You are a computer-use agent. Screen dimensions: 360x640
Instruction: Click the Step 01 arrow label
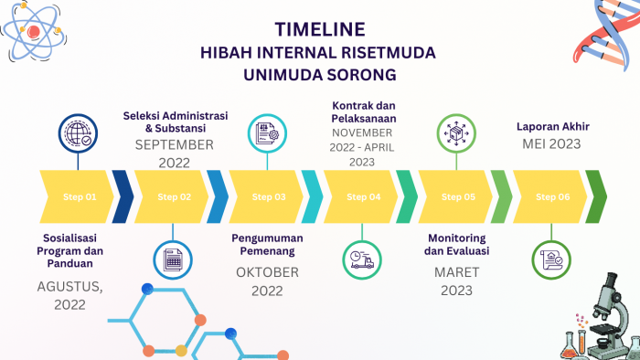[x=79, y=196]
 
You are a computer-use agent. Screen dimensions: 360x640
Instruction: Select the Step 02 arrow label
[x=174, y=196]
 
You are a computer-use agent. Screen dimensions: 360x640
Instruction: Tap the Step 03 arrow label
[x=268, y=196]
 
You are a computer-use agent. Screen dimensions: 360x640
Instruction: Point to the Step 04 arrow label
[x=363, y=196]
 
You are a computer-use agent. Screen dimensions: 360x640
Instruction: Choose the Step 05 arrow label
[x=458, y=196]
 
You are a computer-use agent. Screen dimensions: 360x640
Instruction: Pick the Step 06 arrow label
[x=552, y=196]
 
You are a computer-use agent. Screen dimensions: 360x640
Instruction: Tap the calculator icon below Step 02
[x=173, y=259]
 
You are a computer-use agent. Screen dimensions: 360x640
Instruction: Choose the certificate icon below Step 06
[x=552, y=259]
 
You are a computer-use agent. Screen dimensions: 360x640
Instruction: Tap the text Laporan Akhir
[x=552, y=127]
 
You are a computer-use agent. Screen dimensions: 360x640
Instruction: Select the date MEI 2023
[x=552, y=145]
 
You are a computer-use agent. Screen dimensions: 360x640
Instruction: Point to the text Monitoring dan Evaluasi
[x=458, y=245]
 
